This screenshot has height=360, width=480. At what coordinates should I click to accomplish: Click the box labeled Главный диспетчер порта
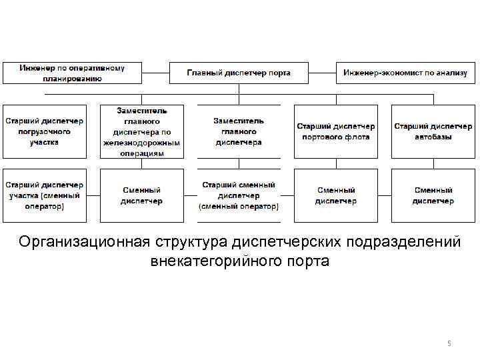(239, 73)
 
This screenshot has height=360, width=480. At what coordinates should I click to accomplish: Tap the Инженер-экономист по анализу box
(406, 73)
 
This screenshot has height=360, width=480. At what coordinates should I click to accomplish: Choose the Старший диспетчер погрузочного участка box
(45, 131)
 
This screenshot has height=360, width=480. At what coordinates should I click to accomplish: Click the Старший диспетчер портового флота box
(336, 131)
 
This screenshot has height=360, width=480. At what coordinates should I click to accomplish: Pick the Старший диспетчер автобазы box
(433, 131)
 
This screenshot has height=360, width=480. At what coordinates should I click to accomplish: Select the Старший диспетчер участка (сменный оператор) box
(45, 195)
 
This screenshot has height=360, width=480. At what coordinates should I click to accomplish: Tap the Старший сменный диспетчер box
(239, 195)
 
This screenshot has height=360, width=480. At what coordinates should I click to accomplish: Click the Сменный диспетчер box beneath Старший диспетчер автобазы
(433, 195)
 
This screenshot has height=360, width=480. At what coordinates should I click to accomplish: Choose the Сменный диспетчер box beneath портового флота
(336, 195)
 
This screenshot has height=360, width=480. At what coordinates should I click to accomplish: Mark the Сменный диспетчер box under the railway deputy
(141, 195)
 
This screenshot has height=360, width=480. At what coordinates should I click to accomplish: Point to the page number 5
(449, 343)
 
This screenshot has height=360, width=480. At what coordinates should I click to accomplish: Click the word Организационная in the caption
(86, 241)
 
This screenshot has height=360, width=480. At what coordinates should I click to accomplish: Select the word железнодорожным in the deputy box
(141, 143)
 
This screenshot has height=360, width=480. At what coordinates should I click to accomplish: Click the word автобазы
(433, 137)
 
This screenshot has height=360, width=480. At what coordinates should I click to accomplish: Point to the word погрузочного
(45, 131)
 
